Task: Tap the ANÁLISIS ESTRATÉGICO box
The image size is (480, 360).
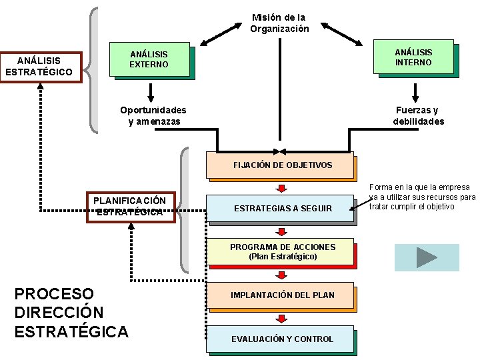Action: (x=40, y=66)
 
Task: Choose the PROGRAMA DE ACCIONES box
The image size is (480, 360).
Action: (x=281, y=251)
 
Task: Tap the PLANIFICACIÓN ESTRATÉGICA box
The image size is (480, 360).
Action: (x=130, y=207)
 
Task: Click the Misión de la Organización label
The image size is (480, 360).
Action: (x=279, y=23)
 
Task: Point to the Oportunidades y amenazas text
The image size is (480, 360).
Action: (x=153, y=115)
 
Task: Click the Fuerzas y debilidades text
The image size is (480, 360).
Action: (x=418, y=115)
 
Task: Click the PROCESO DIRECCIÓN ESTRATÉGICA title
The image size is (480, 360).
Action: (x=71, y=313)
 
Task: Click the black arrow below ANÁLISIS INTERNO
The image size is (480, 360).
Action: (x=416, y=92)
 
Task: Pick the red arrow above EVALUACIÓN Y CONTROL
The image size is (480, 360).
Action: (x=282, y=317)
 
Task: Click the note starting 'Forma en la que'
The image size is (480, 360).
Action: (x=423, y=197)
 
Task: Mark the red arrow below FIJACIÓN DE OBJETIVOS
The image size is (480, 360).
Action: (x=282, y=187)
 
